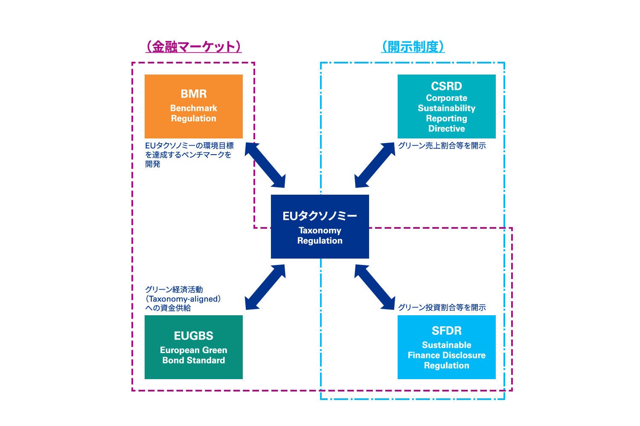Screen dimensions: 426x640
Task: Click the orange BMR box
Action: click(193, 106)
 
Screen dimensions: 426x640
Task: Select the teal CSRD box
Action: click(446, 106)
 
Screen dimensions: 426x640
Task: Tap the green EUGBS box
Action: click(193, 347)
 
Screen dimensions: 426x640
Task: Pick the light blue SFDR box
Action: click(446, 347)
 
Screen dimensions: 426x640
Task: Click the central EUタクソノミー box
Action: click(320, 226)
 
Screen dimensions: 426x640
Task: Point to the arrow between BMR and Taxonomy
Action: click(265, 165)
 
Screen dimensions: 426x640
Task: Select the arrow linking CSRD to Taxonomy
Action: click(375, 165)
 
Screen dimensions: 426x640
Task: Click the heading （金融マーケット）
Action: click(193, 46)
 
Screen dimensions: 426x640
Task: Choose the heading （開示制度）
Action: click(413, 46)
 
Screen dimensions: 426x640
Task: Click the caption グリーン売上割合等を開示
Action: click(442, 146)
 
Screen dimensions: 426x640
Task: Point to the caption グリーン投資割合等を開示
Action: click(442, 308)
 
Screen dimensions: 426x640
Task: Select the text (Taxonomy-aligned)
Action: click(183, 299)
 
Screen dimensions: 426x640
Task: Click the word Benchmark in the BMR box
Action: click(193, 108)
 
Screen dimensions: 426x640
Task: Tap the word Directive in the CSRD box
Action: click(446, 129)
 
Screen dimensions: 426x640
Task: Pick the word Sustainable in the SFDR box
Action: click(446, 345)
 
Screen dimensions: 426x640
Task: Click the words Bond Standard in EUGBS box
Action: click(193, 360)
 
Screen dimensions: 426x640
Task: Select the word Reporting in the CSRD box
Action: click(446, 118)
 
